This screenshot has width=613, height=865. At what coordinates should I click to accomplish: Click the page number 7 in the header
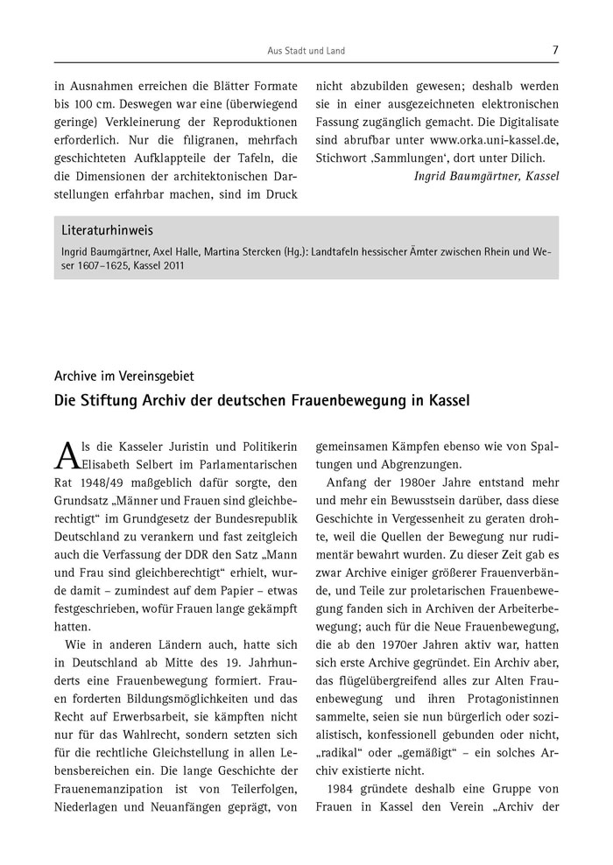click(555, 50)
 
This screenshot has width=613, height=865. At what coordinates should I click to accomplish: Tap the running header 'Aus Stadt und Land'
click(306, 51)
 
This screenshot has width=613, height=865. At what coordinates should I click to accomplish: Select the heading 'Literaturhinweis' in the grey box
click(107, 231)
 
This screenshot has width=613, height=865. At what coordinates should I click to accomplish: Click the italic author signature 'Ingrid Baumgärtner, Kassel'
click(486, 176)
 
